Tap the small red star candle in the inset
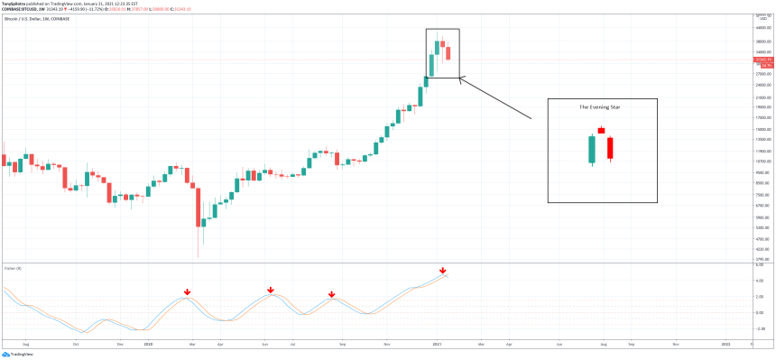coord(601,130)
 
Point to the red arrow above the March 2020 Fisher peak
coord(187,291)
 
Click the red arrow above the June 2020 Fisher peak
coord(271,290)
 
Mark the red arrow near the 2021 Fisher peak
coord(442,271)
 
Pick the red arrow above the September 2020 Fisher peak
coord(332,294)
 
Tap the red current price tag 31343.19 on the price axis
coord(762,61)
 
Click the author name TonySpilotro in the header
coord(17,4)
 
